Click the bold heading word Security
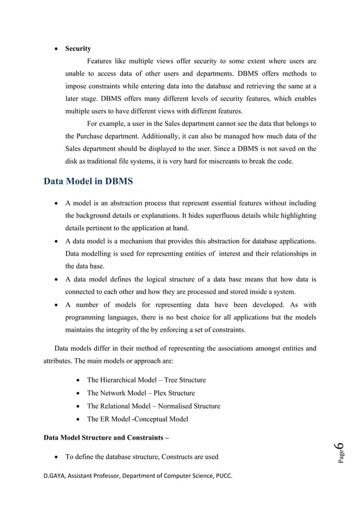point(78,49)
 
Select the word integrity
point(129,330)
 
